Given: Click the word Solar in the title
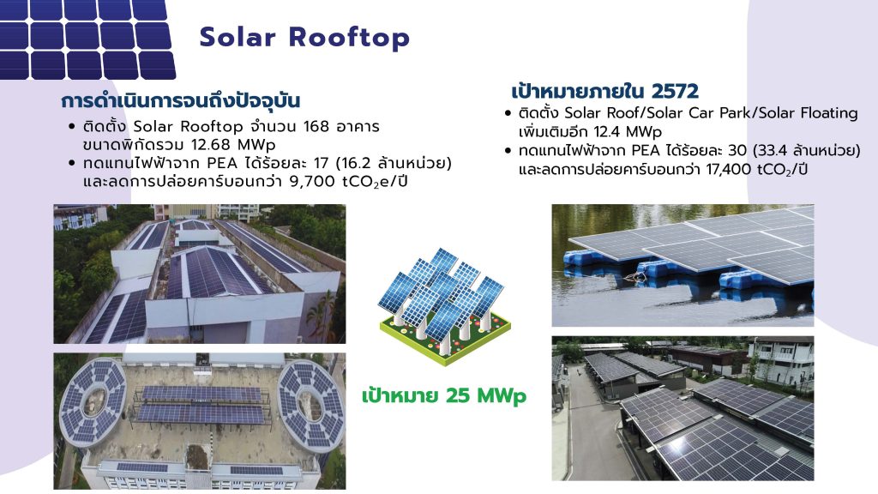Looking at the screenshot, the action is pos(238,38).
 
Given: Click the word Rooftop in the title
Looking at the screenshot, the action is pos(350,38).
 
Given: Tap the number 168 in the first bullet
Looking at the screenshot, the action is pos(316,127).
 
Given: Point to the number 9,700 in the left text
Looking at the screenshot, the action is pos(312,182).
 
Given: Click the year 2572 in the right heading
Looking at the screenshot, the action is pos(675,91).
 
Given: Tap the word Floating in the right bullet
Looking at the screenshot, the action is pos(829,114).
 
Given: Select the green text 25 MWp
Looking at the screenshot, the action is pos(486,396).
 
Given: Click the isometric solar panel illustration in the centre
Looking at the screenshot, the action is pos(445,306).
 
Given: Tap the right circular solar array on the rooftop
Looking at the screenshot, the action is pos(311,403).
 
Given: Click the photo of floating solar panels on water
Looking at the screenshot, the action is pos(683,265).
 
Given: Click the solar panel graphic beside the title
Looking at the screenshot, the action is pos(87,39).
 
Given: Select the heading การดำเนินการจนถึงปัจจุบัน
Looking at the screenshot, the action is pos(181,101).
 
